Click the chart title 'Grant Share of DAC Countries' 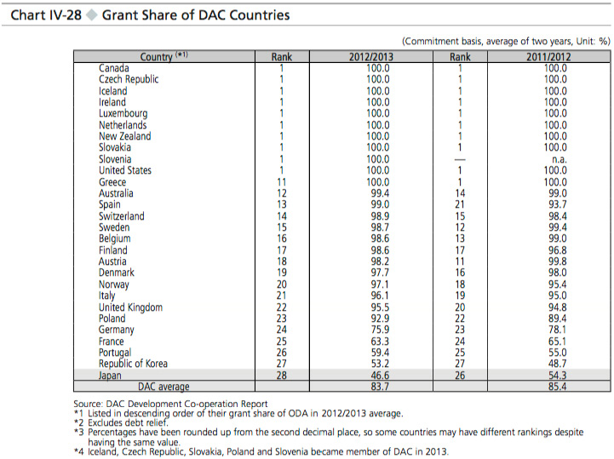click(196, 15)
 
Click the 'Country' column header click(157, 57)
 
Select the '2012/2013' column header click(371, 57)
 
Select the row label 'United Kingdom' click(130, 307)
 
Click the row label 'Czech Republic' click(129, 79)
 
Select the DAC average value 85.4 click(555, 387)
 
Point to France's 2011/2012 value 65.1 click(555, 341)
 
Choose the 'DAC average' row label click(164, 387)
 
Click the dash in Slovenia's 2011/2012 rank click(459, 159)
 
